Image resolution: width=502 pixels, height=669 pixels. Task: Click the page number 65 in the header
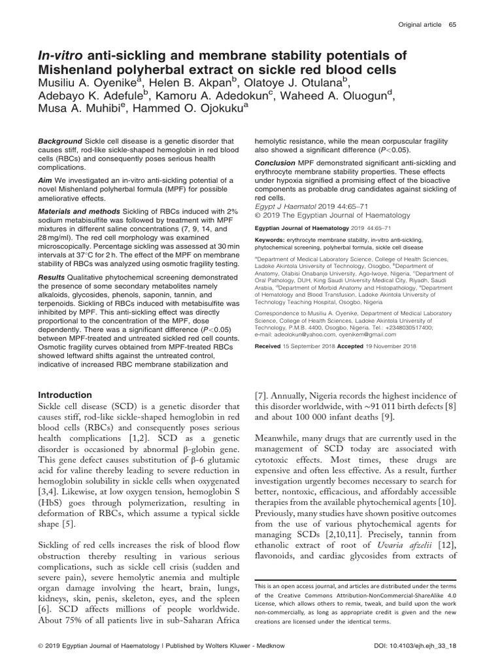coord(452,24)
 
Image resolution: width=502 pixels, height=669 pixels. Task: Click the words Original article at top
coord(419,24)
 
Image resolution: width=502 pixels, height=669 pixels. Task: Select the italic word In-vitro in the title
coord(61,56)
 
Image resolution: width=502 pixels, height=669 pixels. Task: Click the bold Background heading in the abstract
coord(59,141)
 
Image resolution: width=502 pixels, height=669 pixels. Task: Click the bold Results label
coord(50,277)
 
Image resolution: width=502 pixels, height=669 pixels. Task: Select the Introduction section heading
coord(65,395)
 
